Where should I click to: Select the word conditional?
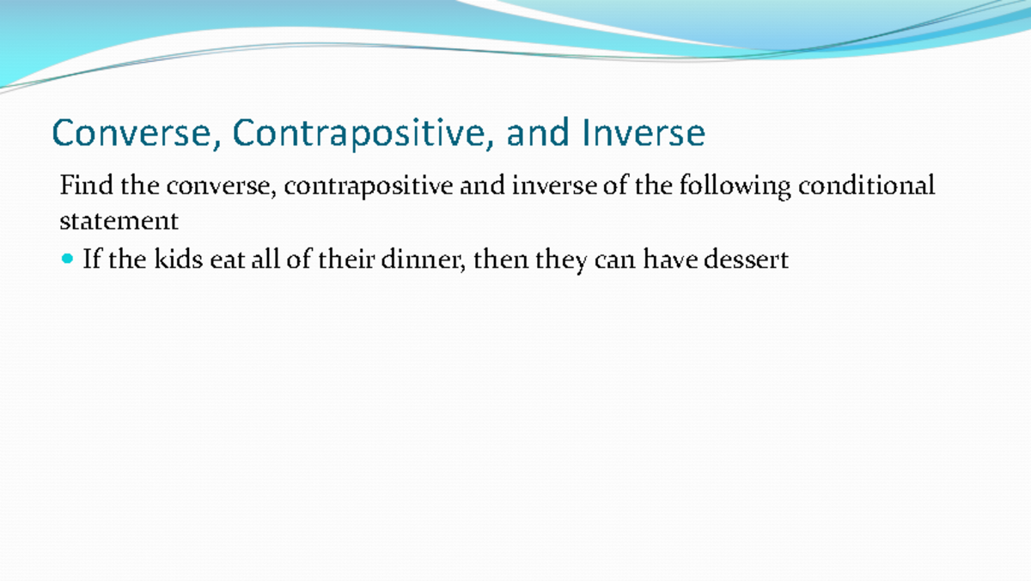click(x=866, y=186)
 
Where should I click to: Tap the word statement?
click(x=119, y=221)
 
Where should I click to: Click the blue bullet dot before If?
click(x=69, y=258)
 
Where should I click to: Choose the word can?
click(x=613, y=259)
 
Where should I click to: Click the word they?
click(x=560, y=259)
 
